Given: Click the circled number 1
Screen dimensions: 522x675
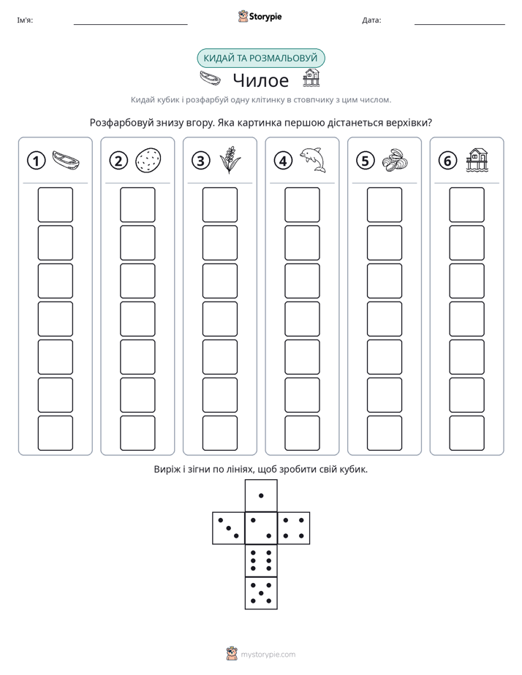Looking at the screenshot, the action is [x=36, y=161].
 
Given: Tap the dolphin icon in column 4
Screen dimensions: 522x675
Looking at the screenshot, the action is [x=313, y=160].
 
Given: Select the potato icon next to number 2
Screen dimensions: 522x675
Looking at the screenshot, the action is [x=148, y=161].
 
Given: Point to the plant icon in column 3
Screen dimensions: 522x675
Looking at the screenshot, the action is [x=230, y=160].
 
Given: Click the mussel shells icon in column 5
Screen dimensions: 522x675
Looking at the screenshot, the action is [x=395, y=161].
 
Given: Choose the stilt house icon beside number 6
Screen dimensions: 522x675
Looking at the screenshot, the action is [x=477, y=160].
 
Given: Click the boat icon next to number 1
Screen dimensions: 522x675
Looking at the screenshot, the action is [x=66, y=160].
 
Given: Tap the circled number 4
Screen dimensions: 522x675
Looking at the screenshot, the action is [x=283, y=161].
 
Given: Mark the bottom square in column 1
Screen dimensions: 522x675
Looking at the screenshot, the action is [x=55, y=433].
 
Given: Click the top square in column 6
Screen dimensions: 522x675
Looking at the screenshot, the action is [x=467, y=205].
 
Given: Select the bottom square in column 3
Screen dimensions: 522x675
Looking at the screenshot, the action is [x=219, y=433].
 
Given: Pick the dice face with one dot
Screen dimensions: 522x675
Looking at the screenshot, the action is [x=261, y=495].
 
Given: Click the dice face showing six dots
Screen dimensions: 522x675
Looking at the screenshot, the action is [x=261, y=560].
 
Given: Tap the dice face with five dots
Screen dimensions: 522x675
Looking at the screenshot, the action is [x=261, y=592].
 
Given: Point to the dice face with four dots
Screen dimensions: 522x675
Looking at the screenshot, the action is [x=294, y=528].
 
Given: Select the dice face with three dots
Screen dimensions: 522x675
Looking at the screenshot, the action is [x=229, y=528].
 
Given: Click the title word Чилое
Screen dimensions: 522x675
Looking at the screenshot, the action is [x=261, y=80].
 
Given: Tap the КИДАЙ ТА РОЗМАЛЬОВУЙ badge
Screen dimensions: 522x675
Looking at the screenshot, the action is [x=260, y=58].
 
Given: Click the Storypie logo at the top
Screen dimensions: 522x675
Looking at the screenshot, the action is [x=260, y=17].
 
